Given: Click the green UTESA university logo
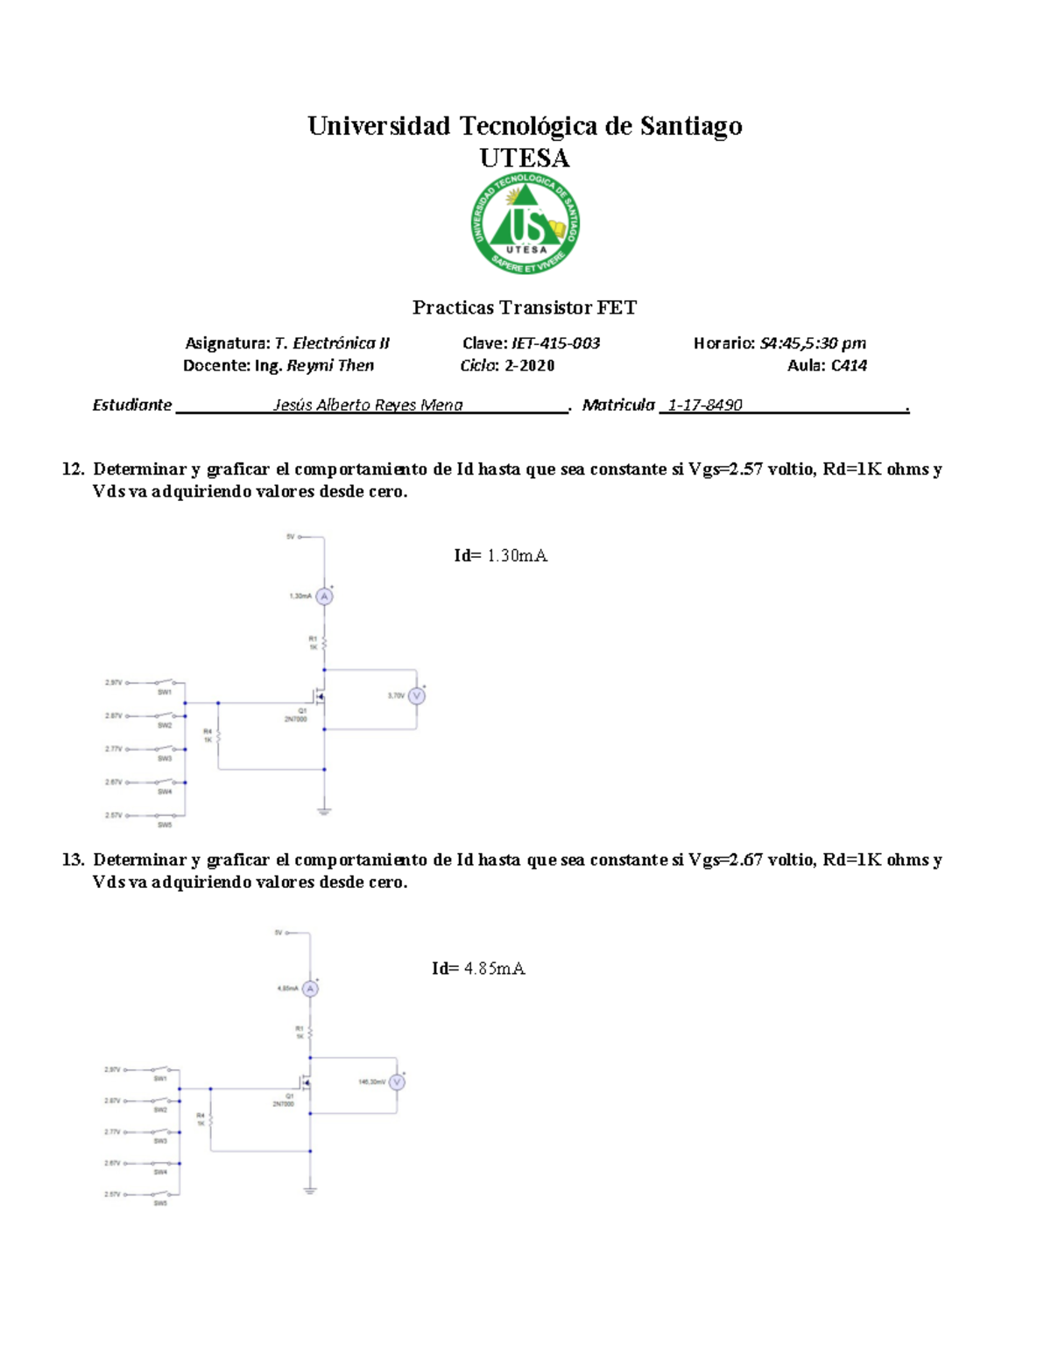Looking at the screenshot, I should tap(525, 223).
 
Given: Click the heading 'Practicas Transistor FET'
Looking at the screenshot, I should tap(524, 307).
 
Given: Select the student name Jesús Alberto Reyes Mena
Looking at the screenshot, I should tap(368, 405).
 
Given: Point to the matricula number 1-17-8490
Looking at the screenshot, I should tap(705, 405).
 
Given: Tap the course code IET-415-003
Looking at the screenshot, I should tap(555, 343).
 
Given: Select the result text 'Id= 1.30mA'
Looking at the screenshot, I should tap(500, 555).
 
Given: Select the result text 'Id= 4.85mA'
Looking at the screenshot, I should tap(478, 968).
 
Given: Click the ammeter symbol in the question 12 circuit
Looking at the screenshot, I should tap(324, 596).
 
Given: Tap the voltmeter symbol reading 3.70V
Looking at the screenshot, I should tap(417, 696).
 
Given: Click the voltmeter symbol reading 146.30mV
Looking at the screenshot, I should tap(397, 1082).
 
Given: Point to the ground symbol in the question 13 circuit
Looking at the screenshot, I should tap(310, 1190).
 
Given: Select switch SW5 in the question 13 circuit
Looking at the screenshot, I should tap(160, 1194).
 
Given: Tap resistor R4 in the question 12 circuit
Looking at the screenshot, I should tap(218, 736).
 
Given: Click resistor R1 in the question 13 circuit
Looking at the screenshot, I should tap(310, 1033).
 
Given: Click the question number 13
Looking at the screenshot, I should tap(72, 860).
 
